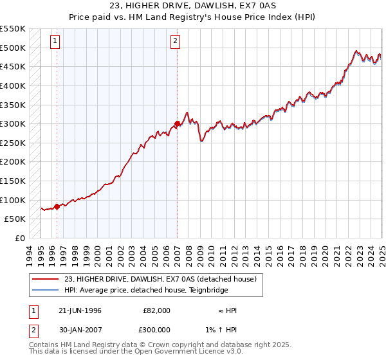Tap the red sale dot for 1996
coord(57,206)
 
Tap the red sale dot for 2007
coord(177,123)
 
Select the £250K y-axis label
coord(12,143)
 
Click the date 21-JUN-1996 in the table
coord(80,310)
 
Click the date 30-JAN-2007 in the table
coord(80,329)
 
